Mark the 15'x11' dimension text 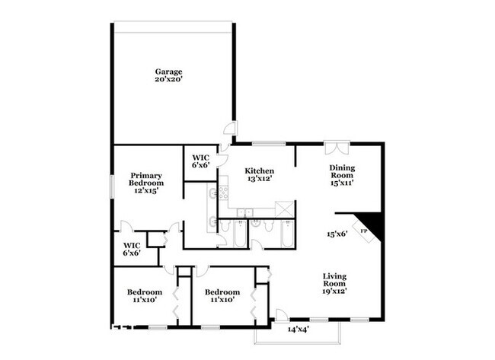(x=342, y=183)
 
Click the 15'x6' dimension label (x=337, y=234)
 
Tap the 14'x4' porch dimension (x=299, y=330)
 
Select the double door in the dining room (x=335, y=147)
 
